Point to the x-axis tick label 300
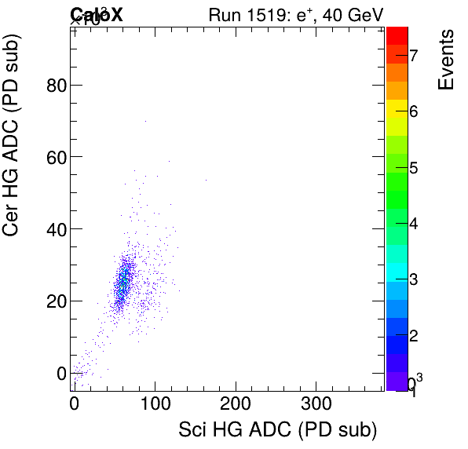click(316, 406)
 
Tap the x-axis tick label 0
click(74, 406)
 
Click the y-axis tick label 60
click(54, 157)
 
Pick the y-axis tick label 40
click(54, 228)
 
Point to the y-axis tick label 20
click(54, 301)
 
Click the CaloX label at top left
click(97, 14)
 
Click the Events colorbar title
click(446, 60)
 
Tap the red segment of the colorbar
click(397, 35)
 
